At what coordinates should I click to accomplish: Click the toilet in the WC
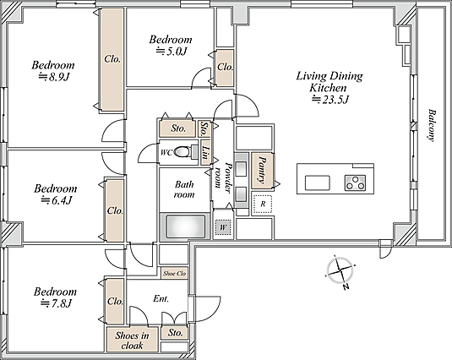(x=184, y=151)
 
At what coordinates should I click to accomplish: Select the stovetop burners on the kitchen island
(x=355, y=183)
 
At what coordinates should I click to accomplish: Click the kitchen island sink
(x=318, y=183)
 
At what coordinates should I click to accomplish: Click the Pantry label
(x=262, y=170)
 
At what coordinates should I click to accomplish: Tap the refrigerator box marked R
(x=262, y=204)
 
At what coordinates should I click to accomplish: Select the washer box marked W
(x=223, y=227)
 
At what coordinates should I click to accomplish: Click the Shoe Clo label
(x=174, y=273)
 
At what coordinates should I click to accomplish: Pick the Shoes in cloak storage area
(x=133, y=339)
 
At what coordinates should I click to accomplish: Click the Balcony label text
(x=431, y=125)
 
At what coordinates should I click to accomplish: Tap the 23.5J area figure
(x=331, y=100)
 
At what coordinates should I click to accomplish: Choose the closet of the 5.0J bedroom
(x=225, y=68)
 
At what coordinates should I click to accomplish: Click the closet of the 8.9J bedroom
(x=112, y=59)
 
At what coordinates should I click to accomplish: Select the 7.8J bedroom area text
(x=56, y=303)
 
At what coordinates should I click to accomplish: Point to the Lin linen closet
(x=205, y=152)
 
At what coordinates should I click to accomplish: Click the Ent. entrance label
(x=161, y=298)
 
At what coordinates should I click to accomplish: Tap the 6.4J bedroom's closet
(x=115, y=210)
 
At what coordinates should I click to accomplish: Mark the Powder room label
(x=223, y=178)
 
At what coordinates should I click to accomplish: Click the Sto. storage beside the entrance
(x=175, y=333)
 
